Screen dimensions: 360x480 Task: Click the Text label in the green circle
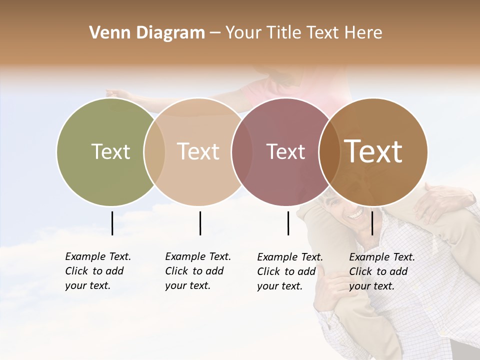pyautogui.click(x=110, y=151)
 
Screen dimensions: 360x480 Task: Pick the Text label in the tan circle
pyautogui.click(x=198, y=151)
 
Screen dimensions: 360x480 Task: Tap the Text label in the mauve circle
pyautogui.click(x=285, y=151)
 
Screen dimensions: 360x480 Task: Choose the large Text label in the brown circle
pyautogui.click(x=373, y=151)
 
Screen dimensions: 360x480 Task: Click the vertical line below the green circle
pyautogui.click(x=112, y=223)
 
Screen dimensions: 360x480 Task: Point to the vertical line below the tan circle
pyautogui.click(x=200, y=223)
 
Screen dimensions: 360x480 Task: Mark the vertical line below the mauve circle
pyautogui.click(x=288, y=223)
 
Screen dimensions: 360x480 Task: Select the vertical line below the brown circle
pyautogui.click(x=372, y=223)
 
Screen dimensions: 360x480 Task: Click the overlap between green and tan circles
pyautogui.click(x=154, y=152)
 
